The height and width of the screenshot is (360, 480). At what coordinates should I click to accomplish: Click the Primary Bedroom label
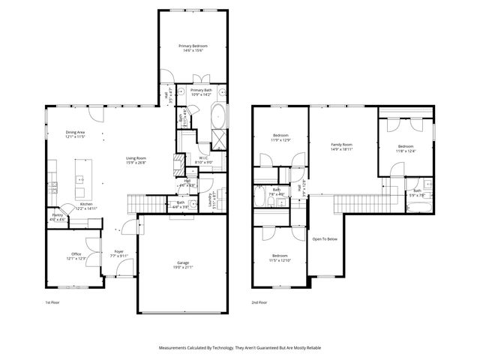point(193,46)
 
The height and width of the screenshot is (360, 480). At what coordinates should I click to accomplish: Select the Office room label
point(76,253)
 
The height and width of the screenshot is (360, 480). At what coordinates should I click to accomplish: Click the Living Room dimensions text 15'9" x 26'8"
point(136,163)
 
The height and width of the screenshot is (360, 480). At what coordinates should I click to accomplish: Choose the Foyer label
point(119,251)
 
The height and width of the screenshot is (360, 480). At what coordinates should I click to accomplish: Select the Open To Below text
point(325,239)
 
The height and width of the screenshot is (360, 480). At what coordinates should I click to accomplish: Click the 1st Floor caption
point(52,302)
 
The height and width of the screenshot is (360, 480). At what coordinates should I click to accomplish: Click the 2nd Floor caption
point(259,302)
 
